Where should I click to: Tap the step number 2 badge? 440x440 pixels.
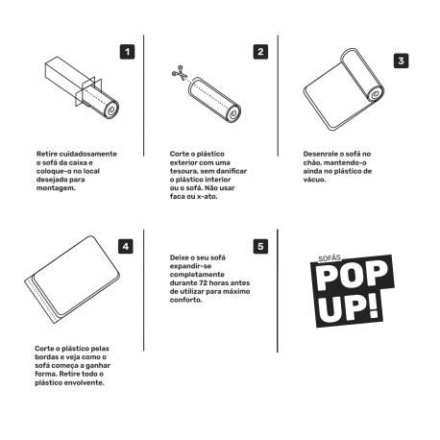[x=260, y=52]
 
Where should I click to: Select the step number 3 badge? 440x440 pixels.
[x=400, y=60]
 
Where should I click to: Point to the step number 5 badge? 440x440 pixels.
[x=260, y=246]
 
